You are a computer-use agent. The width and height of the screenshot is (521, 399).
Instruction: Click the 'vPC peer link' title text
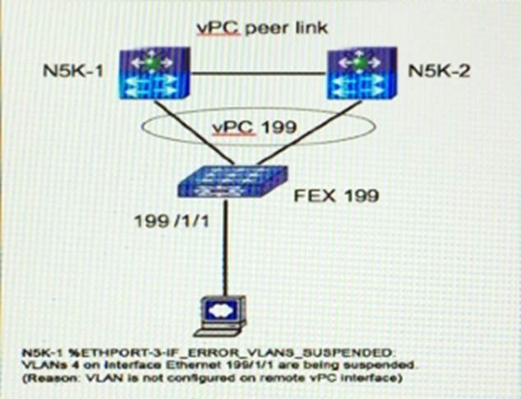click(261, 28)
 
